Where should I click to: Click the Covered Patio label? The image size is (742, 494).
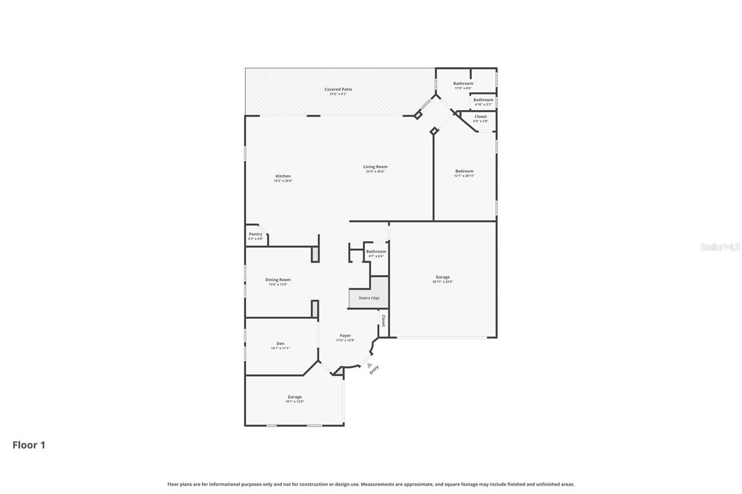pyautogui.click(x=338, y=89)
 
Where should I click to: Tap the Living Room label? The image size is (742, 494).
pyautogui.click(x=375, y=167)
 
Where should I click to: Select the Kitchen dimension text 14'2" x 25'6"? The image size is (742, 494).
pyautogui.click(x=283, y=181)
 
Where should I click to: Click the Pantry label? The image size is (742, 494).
pyautogui.click(x=256, y=234)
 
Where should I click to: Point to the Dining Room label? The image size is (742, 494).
pyautogui.click(x=278, y=280)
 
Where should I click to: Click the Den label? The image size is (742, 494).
pyautogui.click(x=280, y=343)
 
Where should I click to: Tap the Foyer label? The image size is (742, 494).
pyautogui.click(x=345, y=336)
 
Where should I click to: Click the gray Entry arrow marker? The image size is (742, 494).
pyautogui.click(x=370, y=365)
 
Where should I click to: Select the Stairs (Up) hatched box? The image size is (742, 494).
pyautogui.click(x=369, y=298)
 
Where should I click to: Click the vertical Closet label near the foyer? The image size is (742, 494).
pyautogui.click(x=384, y=321)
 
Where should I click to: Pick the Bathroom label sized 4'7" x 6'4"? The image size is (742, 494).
pyautogui.click(x=376, y=251)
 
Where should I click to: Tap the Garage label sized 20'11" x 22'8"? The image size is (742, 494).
pyautogui.click(x=442, y=277)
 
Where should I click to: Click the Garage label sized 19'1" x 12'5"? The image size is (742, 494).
pyautogui.click(x=294, y=397)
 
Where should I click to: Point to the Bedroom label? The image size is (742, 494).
pyautogui.click(x=464, y=171)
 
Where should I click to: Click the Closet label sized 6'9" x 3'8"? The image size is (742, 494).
pyautogui.click(x=480, y=117)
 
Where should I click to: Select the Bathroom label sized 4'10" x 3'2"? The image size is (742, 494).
pyautogui.click(x=483, y=100)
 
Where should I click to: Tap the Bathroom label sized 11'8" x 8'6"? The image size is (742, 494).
pyautogui.click(x=463, y=83)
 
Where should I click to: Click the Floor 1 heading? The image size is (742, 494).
pyautogui.click(x=29, y=445)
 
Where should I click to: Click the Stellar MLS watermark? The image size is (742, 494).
pyautogui.click(x=720, y=247)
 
